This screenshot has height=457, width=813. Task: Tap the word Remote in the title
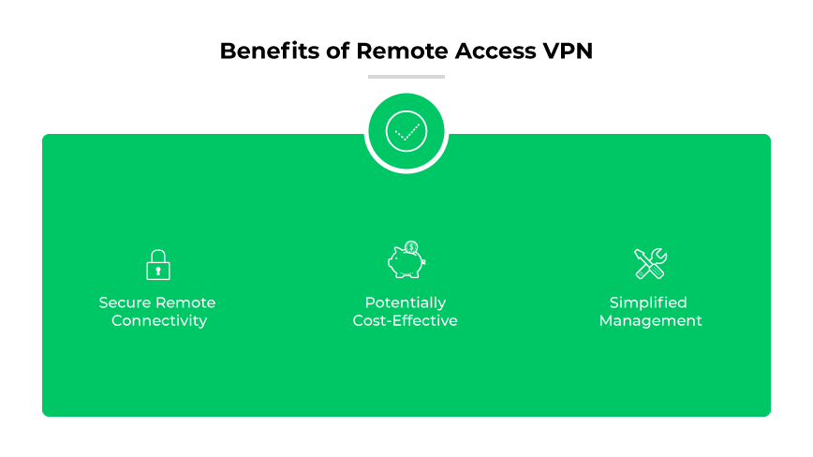pos(394,51)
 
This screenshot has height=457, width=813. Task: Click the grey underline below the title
pos(406,77)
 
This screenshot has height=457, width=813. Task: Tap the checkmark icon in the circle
pos(406,132)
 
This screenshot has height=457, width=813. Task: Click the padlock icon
pos(158,265)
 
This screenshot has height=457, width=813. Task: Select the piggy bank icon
pos(406,263)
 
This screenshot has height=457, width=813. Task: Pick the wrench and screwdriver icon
pos(650,263)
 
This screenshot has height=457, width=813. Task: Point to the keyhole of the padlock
pos(158,271)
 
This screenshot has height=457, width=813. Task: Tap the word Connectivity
pos(158,321)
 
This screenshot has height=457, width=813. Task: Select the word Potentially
pos(406,303)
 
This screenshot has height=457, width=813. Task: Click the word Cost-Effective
pos(406,321)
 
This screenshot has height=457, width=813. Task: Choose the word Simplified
pos(648,303)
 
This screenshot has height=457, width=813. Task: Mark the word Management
pos(650,321)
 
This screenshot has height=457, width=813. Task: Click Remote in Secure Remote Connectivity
pos(185,303)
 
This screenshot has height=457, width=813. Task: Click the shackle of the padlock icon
pos(158,254)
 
